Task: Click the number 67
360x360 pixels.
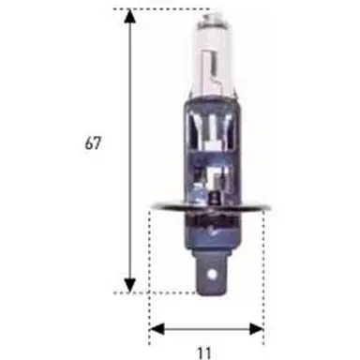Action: [x=92, y=144]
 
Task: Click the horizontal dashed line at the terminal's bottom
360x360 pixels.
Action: [x=178, y=292]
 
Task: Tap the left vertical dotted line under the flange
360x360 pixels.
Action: [x=150, y=262]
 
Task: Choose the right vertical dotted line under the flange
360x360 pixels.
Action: [x=264, y=262]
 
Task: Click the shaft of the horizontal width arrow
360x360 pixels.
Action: [x=206, y=328]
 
